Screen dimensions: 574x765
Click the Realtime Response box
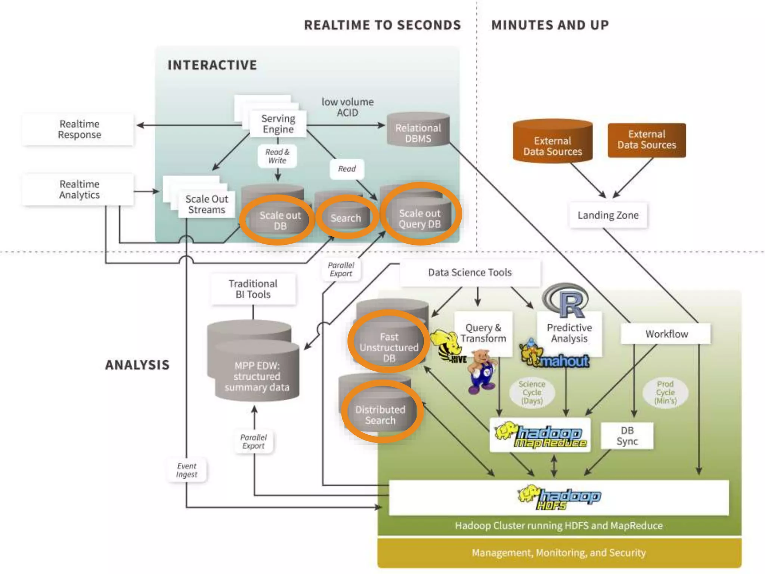click(79, 129)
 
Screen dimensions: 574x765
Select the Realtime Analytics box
click(79, 189)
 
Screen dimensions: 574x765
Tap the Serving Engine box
click(278, 124)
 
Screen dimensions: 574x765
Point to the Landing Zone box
click(608, 215)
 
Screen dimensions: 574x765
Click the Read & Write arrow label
click(277, 156)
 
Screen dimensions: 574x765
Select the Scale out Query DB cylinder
click(420, 217)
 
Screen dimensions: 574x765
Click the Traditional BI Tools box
click(253, 289)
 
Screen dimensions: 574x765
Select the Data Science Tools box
click(470, 272)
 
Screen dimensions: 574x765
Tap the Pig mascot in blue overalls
click(482, 371)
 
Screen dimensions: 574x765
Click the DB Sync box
click(627, 436)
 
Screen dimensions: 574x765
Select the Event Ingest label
click(186, 470)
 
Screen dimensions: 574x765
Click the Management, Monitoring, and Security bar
click(559, 553)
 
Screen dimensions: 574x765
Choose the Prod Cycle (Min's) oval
click(665, 392)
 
